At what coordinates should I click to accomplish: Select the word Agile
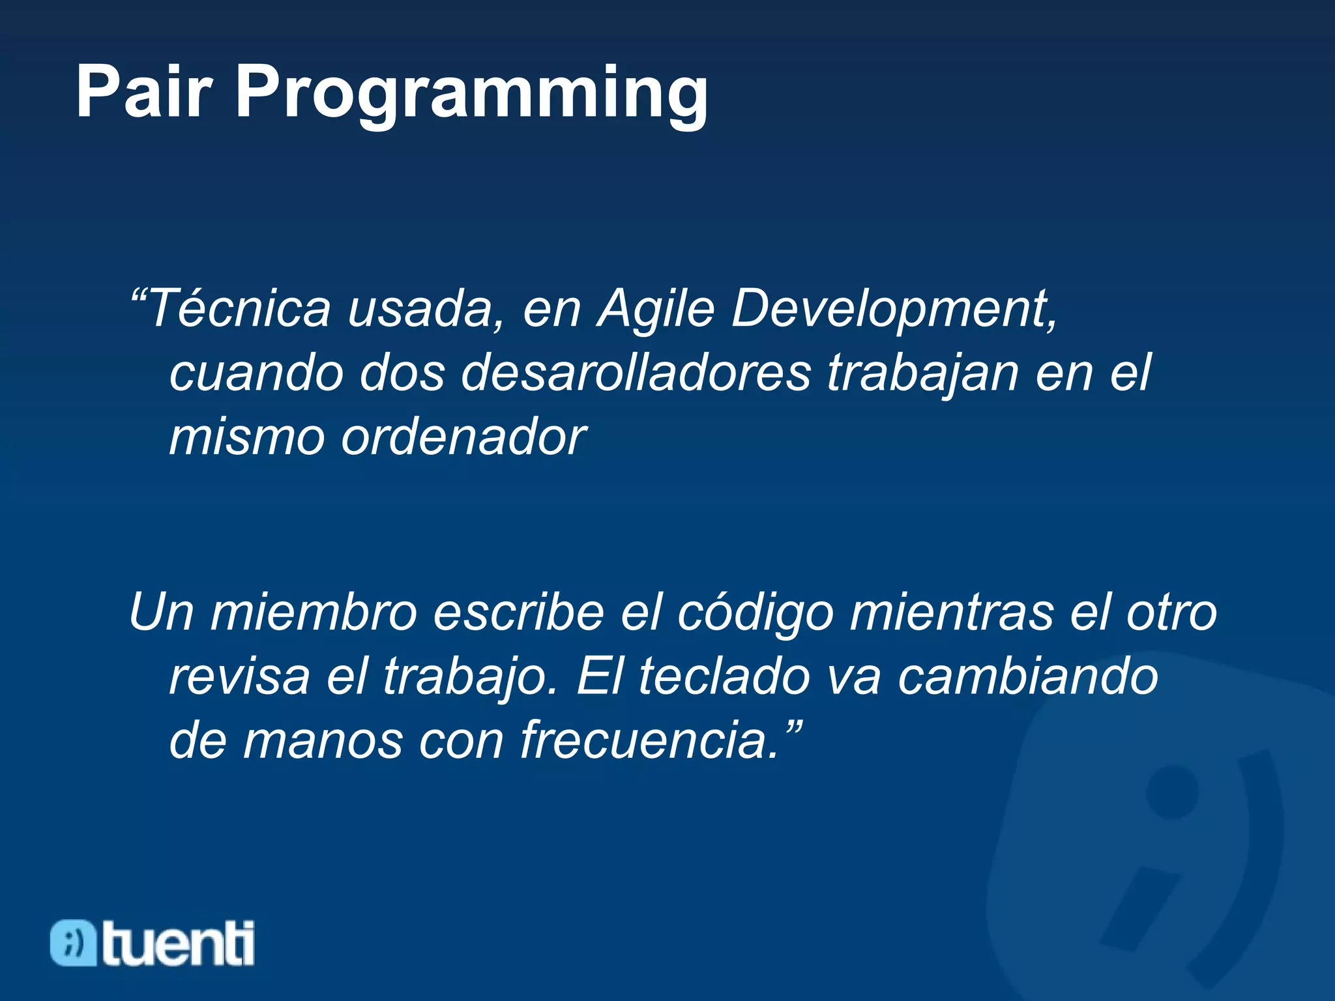(x=656, y=309)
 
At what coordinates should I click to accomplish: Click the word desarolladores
(x=636, y=373)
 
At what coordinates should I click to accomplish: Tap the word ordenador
(x=463, y=437)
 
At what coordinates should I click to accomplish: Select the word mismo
(x=246, y=437)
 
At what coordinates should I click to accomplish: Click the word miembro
(x=313, y=613)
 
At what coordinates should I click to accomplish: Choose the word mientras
(x=952, y=613)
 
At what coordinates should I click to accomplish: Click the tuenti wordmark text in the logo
(x=178, y=944)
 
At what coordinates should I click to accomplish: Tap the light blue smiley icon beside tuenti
(x=73, y=943)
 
